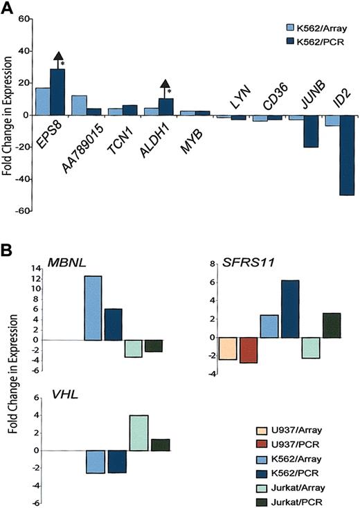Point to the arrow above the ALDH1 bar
(165, 84)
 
